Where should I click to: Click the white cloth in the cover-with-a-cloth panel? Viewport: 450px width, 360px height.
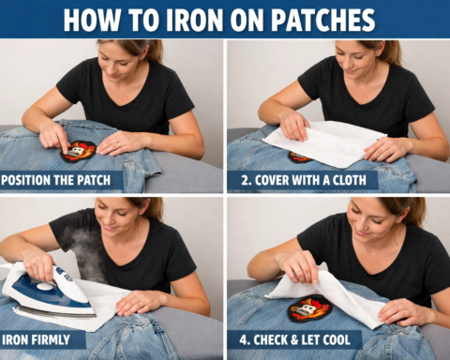coord(323,141)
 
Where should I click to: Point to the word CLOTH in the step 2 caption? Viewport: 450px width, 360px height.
coord(352,179)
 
